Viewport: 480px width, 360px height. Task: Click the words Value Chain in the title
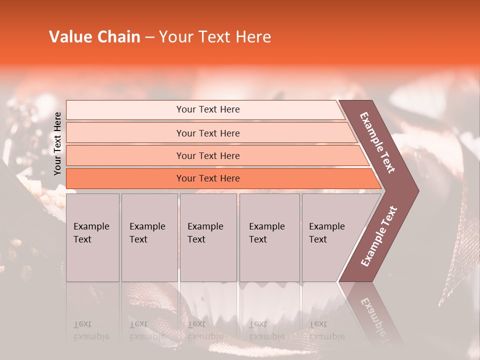(x=94, y=37)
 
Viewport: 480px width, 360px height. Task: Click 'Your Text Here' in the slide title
(x=215, y=37)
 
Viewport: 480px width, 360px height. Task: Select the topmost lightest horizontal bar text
(x=208, y=109)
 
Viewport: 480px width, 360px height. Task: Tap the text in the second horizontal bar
(x=208, y=133)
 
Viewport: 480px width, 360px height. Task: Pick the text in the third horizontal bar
(x=208, y=155)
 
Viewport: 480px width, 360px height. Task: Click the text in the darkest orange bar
(x=208, y=178)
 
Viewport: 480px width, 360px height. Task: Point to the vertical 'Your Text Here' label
(x=57, y=143)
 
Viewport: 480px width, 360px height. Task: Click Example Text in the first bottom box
(x=91, y=233)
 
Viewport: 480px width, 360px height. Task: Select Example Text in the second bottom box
(x=147, y=233)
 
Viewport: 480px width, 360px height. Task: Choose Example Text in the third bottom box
(x=205, y=233)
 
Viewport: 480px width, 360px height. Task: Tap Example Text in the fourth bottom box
(x=266, y=233)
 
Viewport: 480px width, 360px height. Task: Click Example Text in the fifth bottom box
(x=326, y=233)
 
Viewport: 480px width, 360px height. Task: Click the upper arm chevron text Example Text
(x=377, y=142)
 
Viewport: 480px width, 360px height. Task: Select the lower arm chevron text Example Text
(x=379, y=236)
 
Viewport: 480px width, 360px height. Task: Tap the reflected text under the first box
(x=91, y=330)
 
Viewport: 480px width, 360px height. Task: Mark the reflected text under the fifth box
(x=326, y=330)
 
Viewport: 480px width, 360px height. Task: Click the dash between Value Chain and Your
(x=149, y=37)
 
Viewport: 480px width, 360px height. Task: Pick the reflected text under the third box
(x=205, y=330)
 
